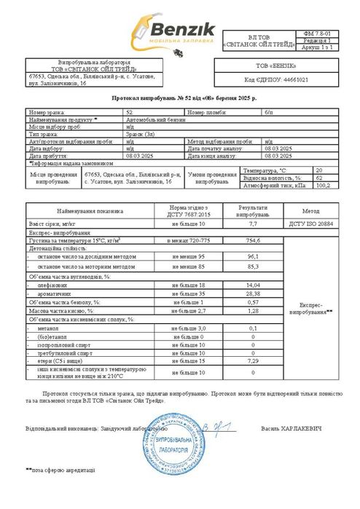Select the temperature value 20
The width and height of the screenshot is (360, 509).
tap(318, 169)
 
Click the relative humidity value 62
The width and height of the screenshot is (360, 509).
tap(318, 177)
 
